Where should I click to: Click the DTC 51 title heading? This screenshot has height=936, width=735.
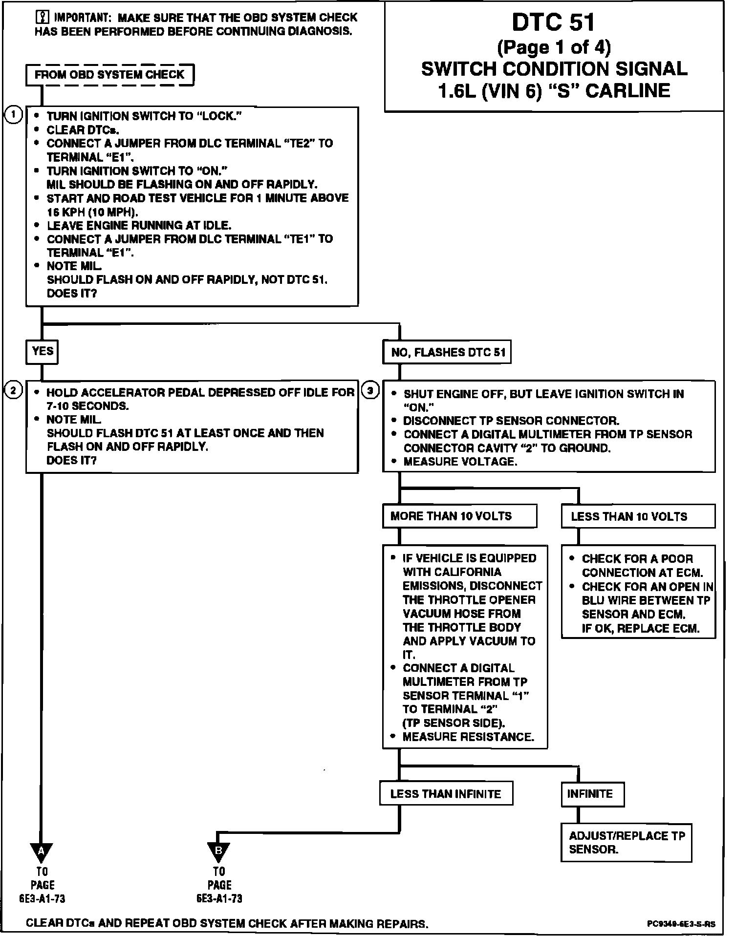tap(554, 22)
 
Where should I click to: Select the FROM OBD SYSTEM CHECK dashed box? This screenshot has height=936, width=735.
tap(109, 75)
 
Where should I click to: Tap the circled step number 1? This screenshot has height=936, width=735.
tap(13, 115)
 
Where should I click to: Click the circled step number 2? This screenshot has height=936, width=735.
tap(13, 390)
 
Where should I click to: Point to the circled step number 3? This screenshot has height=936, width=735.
tap(370, 390)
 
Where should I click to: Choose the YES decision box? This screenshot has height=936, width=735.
tap(42, 352)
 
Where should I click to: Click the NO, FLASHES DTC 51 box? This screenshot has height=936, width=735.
tap(447, 352)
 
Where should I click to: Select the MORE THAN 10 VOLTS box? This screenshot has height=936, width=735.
tap(459, 516)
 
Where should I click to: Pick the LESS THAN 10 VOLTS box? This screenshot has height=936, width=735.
tap(638, 516)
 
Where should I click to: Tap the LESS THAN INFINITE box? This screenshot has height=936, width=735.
tap(446, 794)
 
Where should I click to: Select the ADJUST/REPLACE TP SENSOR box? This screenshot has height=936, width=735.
tap(626, 843)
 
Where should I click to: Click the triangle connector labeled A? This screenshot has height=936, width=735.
tap(41, 851)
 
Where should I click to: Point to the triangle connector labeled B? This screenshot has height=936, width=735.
tap(218, 851)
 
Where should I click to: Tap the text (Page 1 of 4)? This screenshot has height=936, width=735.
tap(554, 47)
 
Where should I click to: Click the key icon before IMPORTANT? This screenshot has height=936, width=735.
tap(42, 18)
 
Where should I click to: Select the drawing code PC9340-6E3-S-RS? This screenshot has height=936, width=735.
tap(681, 924)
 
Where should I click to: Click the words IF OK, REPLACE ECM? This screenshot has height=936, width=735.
tap(640, 628)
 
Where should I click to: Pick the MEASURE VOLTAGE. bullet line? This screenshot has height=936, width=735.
tap(460, 462)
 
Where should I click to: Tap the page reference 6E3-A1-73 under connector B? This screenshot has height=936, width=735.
tap(219, 898)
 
